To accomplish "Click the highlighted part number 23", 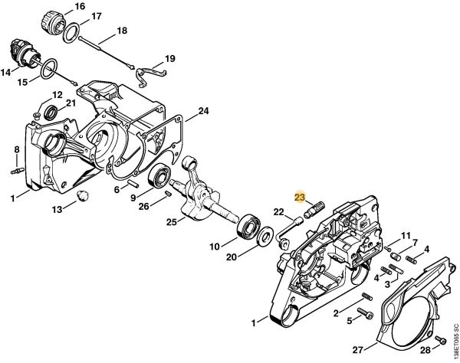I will coord(300,198).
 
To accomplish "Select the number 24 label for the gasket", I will coord(202,111).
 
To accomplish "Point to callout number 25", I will coord(172,222).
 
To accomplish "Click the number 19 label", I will coord(170,58).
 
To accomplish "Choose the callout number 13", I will coord(58,209).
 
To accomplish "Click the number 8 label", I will coord(16,149).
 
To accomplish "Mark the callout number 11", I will coord(406,236).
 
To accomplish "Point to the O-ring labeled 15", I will coord(48,69).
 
